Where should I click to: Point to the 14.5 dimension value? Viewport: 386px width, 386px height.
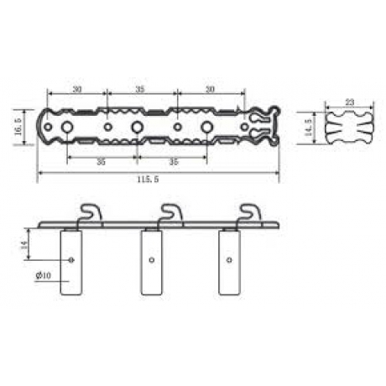[x=308, y=127]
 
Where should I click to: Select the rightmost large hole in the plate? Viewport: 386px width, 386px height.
[x=206, y=127]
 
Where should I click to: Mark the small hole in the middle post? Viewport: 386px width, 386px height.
[x=151, y=260]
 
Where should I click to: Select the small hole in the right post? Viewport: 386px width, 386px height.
[x=229, y=260]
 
